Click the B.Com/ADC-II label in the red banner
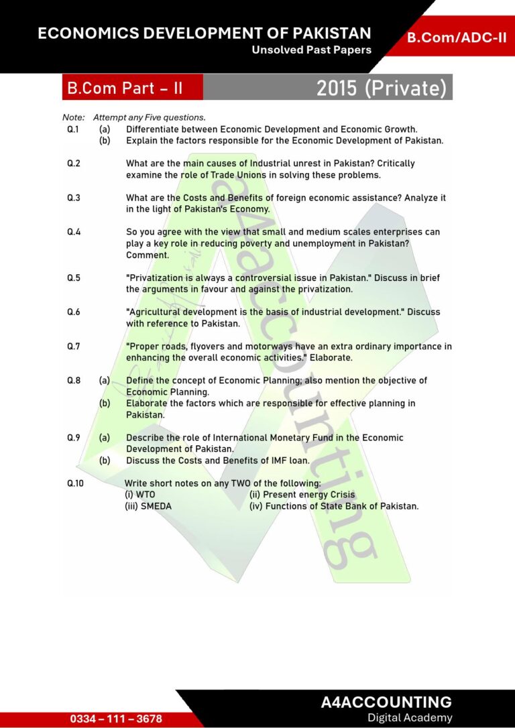click(x=457, y=38)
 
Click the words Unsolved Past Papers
click(x=311, y=50)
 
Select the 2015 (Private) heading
click(x=381, y=88)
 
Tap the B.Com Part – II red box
click(x=125, y=88)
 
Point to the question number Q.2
click(x=74, y=163)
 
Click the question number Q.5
click(x=74, y=278)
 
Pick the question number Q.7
click(x=74, y=347)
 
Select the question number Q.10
click(x=76, y=483)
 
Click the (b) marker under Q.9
click(x=105, y=461)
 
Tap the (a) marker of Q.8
click(x=105, y=380)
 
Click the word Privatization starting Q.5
click(x=156, y=278)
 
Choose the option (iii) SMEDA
click(x=148, y=506)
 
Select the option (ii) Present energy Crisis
click(x=302, y=495)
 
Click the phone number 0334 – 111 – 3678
click(x=116, y=719)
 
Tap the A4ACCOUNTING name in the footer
click(x=386, y=703)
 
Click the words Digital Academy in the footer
click(x=410, y=718)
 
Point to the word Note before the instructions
click(x=73, y=117)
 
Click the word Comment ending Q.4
click(x=148, y=255)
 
